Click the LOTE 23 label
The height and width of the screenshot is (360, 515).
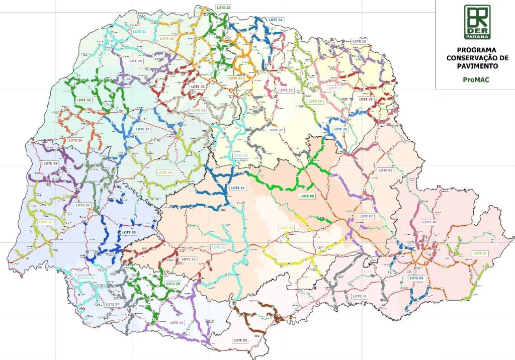(x=222, y=8)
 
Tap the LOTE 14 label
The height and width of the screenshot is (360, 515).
(x=276, y=20)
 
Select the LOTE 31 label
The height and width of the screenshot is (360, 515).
(x=139, y=32)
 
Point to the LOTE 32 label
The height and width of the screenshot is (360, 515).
(x=83, y=100)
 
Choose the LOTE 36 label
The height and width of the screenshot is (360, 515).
(x=129, y=232)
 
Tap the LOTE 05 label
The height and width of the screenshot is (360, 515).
(x=240, y=340)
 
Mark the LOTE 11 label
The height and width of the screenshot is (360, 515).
(x=237, y=188)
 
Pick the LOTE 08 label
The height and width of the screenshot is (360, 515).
(x=307, y=196)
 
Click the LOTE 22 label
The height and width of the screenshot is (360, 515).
(x=277, y=130)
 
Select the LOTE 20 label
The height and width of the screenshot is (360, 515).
(x=340, y=129)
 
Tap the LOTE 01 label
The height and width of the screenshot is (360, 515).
(x=480, y=253)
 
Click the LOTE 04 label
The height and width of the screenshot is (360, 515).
(x=359, y=296)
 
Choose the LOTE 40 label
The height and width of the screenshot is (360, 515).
(x=177, y=322)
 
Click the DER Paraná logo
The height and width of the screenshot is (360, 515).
(x=477, y=22)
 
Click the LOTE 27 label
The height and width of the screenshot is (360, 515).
(x=143, y=129)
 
